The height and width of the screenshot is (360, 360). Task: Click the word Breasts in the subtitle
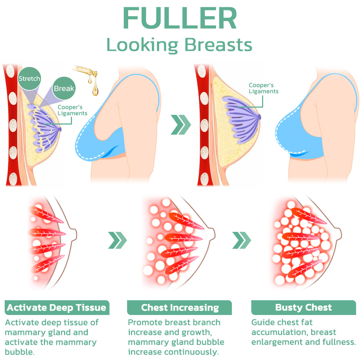point(218,45)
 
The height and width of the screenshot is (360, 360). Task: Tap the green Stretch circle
point(30,79)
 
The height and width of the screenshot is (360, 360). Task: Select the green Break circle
point(64,89)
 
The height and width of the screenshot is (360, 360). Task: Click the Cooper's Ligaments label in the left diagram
point(73,110)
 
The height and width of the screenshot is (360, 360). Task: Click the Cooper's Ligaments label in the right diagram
point(264,88)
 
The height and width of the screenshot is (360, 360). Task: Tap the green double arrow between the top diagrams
point(180,125)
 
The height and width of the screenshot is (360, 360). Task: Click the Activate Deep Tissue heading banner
point(57,308)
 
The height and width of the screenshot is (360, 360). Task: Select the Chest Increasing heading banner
point(180,308)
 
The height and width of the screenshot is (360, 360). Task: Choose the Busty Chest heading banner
point(303,308)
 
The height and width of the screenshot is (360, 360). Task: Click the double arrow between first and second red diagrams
point(117,240)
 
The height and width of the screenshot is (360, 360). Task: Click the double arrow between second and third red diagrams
point(241,240)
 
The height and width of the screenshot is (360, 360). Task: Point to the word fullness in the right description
point(339,342)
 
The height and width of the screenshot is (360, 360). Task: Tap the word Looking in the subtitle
point(142,45)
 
